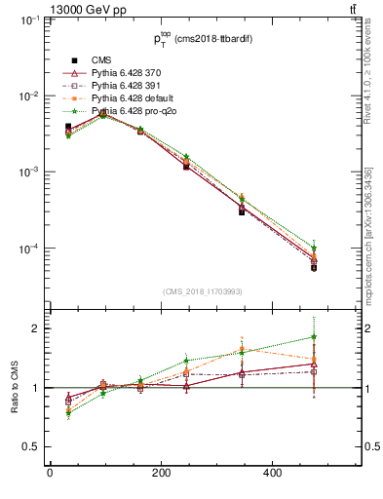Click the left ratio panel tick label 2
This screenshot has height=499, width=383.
tap(33, 328)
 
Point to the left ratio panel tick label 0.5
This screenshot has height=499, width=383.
tap(29, 447)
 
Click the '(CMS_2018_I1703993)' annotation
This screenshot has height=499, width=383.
tap(202, 291)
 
